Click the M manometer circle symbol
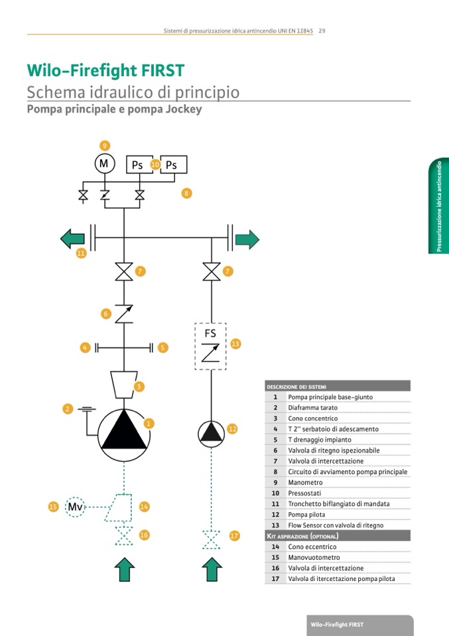(x=104, y=163)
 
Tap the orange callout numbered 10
(x=155, y=164)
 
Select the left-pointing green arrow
(x=73, y=239)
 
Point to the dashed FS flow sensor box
(x=211, y=346)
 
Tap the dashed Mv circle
(x=76, y=507)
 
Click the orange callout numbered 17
(x=234, y=535)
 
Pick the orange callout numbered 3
(x=140, y=386)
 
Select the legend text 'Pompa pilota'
(x=306, y=515)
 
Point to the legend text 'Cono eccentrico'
(x=312, y=547)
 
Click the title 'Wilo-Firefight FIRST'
(x=105, y=70)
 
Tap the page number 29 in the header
(x=321, y=31)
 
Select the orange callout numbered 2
(x=68, y=409)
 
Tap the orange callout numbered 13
(x=235, y=344)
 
